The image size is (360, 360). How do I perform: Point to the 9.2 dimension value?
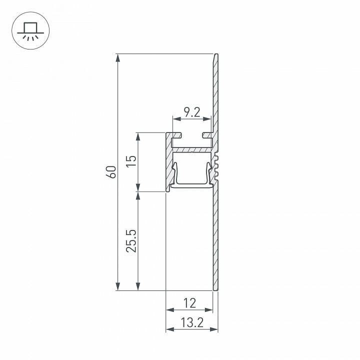coord(192,112)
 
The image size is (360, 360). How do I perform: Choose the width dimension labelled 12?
coord(189,303)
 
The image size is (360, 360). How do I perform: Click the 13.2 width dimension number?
coord(191,323)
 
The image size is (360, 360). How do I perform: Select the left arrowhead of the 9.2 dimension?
coord(176,119)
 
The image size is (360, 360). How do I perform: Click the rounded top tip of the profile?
coord(216,55)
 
